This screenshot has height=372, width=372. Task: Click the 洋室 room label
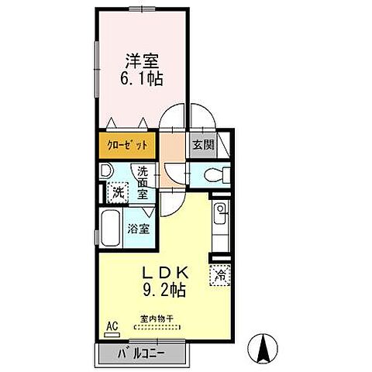142,61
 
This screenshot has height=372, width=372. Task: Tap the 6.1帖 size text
142,78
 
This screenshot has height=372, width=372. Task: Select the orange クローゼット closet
127,146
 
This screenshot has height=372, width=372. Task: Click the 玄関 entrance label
204,145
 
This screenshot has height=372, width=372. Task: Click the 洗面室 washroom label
143,183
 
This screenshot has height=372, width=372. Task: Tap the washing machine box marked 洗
118,192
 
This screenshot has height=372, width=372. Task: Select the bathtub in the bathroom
111,229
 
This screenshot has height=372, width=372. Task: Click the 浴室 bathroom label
139,229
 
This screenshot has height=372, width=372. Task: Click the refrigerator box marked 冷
220,275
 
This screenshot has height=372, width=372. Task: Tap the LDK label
166,273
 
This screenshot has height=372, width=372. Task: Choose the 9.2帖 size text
164,290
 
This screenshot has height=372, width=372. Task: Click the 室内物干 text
157,319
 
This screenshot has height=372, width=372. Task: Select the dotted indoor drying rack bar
157,327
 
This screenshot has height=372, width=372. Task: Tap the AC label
112,325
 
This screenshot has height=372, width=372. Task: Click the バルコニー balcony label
141,353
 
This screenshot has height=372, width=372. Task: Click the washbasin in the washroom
106,170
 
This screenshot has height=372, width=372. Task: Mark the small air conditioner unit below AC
112,335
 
